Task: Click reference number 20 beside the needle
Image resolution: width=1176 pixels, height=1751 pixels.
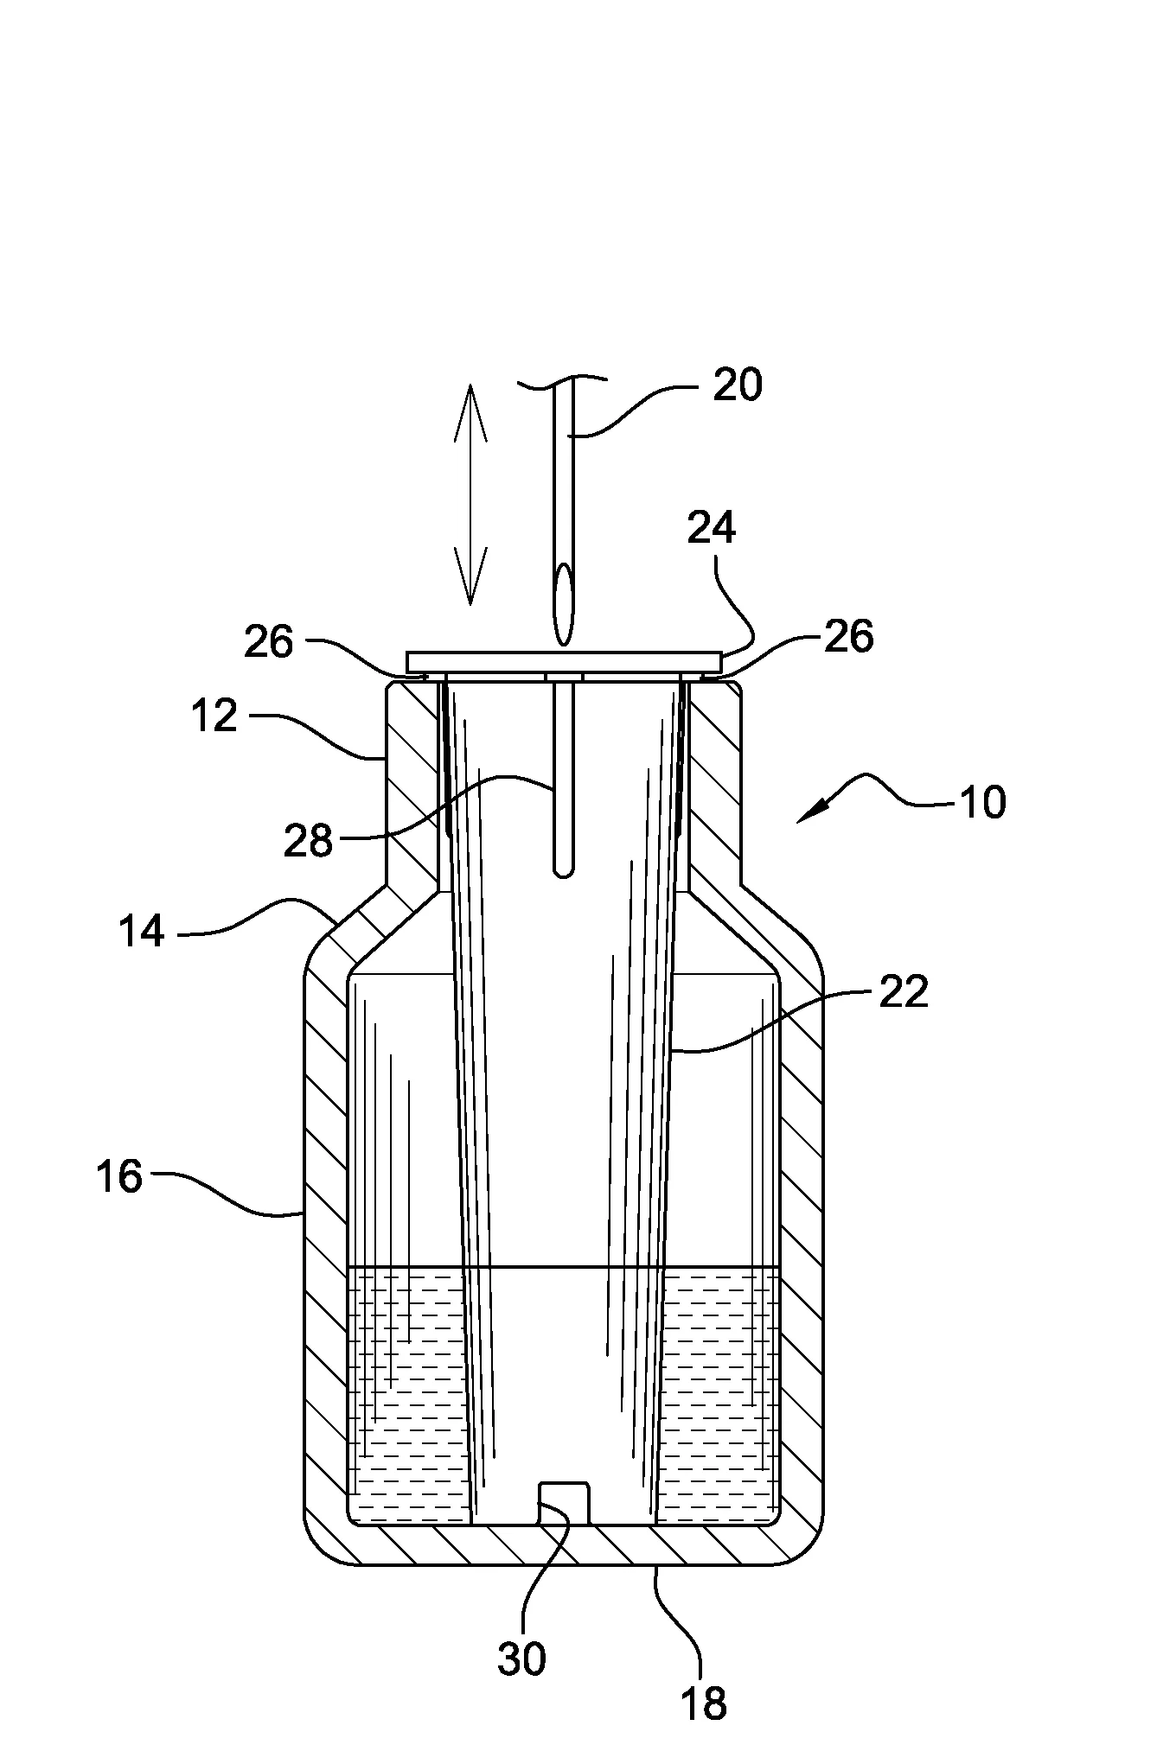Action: click(x=737, y=385)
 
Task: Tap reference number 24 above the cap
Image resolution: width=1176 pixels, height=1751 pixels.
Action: click(x=711, y=527)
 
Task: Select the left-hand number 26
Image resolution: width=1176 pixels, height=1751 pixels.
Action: click(x=269, y=642)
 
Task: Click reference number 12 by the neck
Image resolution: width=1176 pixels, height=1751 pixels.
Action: click(x=214, y=716)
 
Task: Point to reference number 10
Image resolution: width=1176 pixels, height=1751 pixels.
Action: click(x=982, y=802)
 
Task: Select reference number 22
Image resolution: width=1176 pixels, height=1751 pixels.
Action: click(x=903, y=991)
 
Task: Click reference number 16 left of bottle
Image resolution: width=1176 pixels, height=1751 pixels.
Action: click(x=119, y=1176)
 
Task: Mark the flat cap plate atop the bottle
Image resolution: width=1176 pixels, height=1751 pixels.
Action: click(x=563, y=662)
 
